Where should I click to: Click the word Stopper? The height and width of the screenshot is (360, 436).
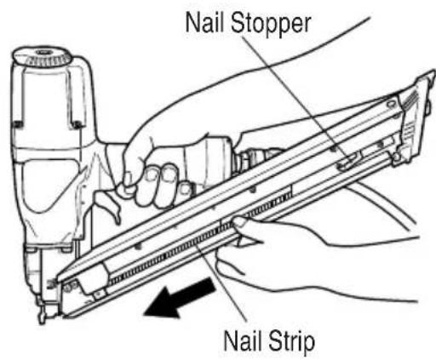(271, 24)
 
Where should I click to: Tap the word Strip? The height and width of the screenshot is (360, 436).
(292, 341)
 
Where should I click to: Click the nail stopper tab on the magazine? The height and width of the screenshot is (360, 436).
(348, 163)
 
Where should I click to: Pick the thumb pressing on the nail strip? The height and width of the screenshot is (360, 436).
(241, 221)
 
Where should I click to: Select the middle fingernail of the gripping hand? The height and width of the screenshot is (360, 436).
(151, 174)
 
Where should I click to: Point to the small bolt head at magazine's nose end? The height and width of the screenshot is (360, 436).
(67, 288)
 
